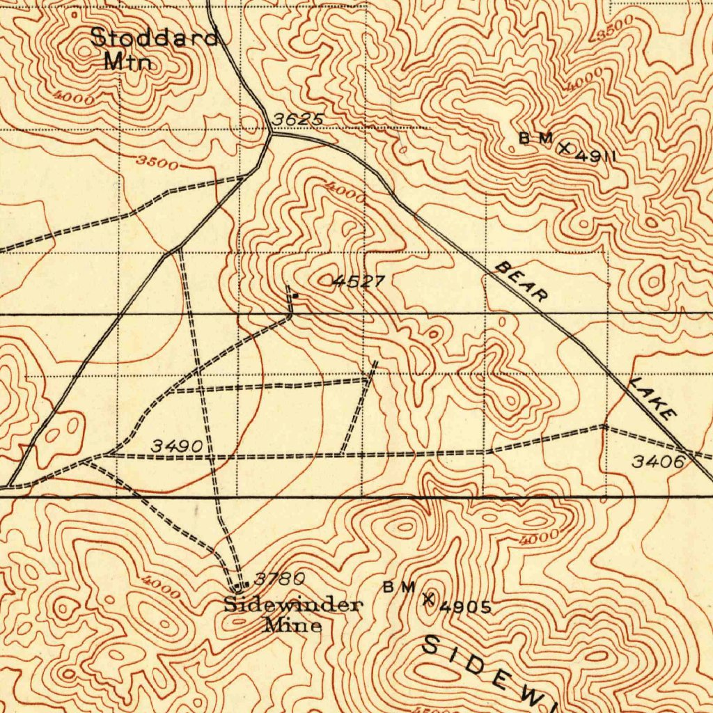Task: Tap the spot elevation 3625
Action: pos(297,120)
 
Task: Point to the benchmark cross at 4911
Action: pos(565,148)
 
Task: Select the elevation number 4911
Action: pos(596,157)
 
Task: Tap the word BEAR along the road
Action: pos(522,282)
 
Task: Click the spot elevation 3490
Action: pos(178,446)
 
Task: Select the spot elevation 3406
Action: pos(658,460)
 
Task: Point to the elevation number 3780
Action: pos(279,579)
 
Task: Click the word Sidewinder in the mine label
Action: pos(292,604)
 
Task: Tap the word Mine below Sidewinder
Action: pos(293,625)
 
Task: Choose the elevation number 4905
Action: pos(466,607)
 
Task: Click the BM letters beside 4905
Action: pos(400,586)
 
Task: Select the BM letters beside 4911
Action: pos(535,138)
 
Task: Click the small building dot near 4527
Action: pos(295,296)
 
